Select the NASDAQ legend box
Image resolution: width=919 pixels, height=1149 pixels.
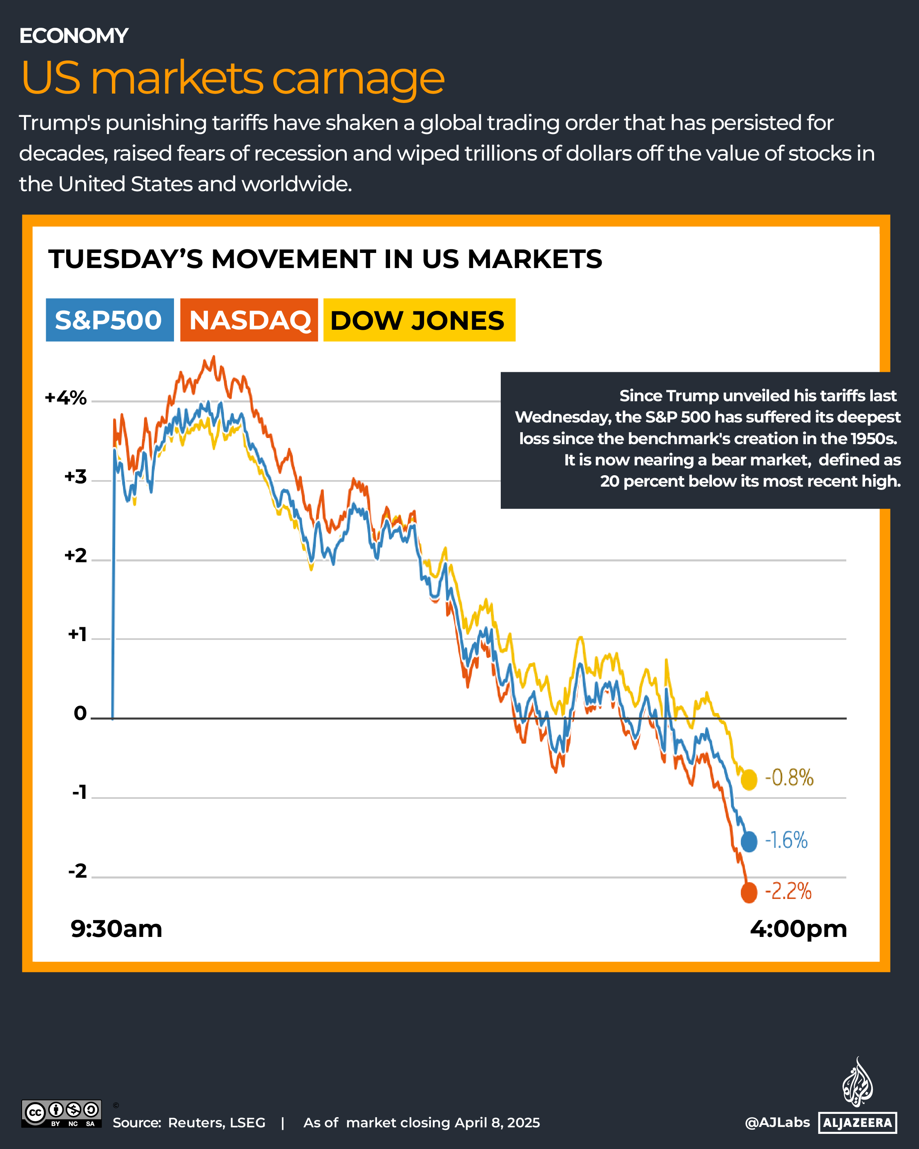pos(249,320)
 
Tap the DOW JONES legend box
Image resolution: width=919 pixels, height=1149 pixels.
pos(419,320)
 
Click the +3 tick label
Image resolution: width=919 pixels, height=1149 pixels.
pos(75,476)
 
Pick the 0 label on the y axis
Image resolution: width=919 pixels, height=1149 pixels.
pos(80,713)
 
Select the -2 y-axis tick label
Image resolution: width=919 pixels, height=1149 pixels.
pos(77,871)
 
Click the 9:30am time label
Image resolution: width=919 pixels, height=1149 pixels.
pos(116,929)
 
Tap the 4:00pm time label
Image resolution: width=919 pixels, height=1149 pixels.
pos(798,929)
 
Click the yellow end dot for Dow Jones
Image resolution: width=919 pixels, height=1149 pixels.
pos(749,780)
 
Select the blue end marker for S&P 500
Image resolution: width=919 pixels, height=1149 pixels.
pos(749,841)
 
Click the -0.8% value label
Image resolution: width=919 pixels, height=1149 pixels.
pos(789,778)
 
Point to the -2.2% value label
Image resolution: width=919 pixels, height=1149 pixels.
pos(788,891)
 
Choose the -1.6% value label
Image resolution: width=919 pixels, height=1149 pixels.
pos(786,841)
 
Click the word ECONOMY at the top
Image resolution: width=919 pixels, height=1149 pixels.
pos(74,36)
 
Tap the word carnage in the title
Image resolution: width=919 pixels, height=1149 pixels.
pos(358,78)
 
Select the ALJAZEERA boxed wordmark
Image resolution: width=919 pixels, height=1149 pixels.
pos(857,1122)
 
